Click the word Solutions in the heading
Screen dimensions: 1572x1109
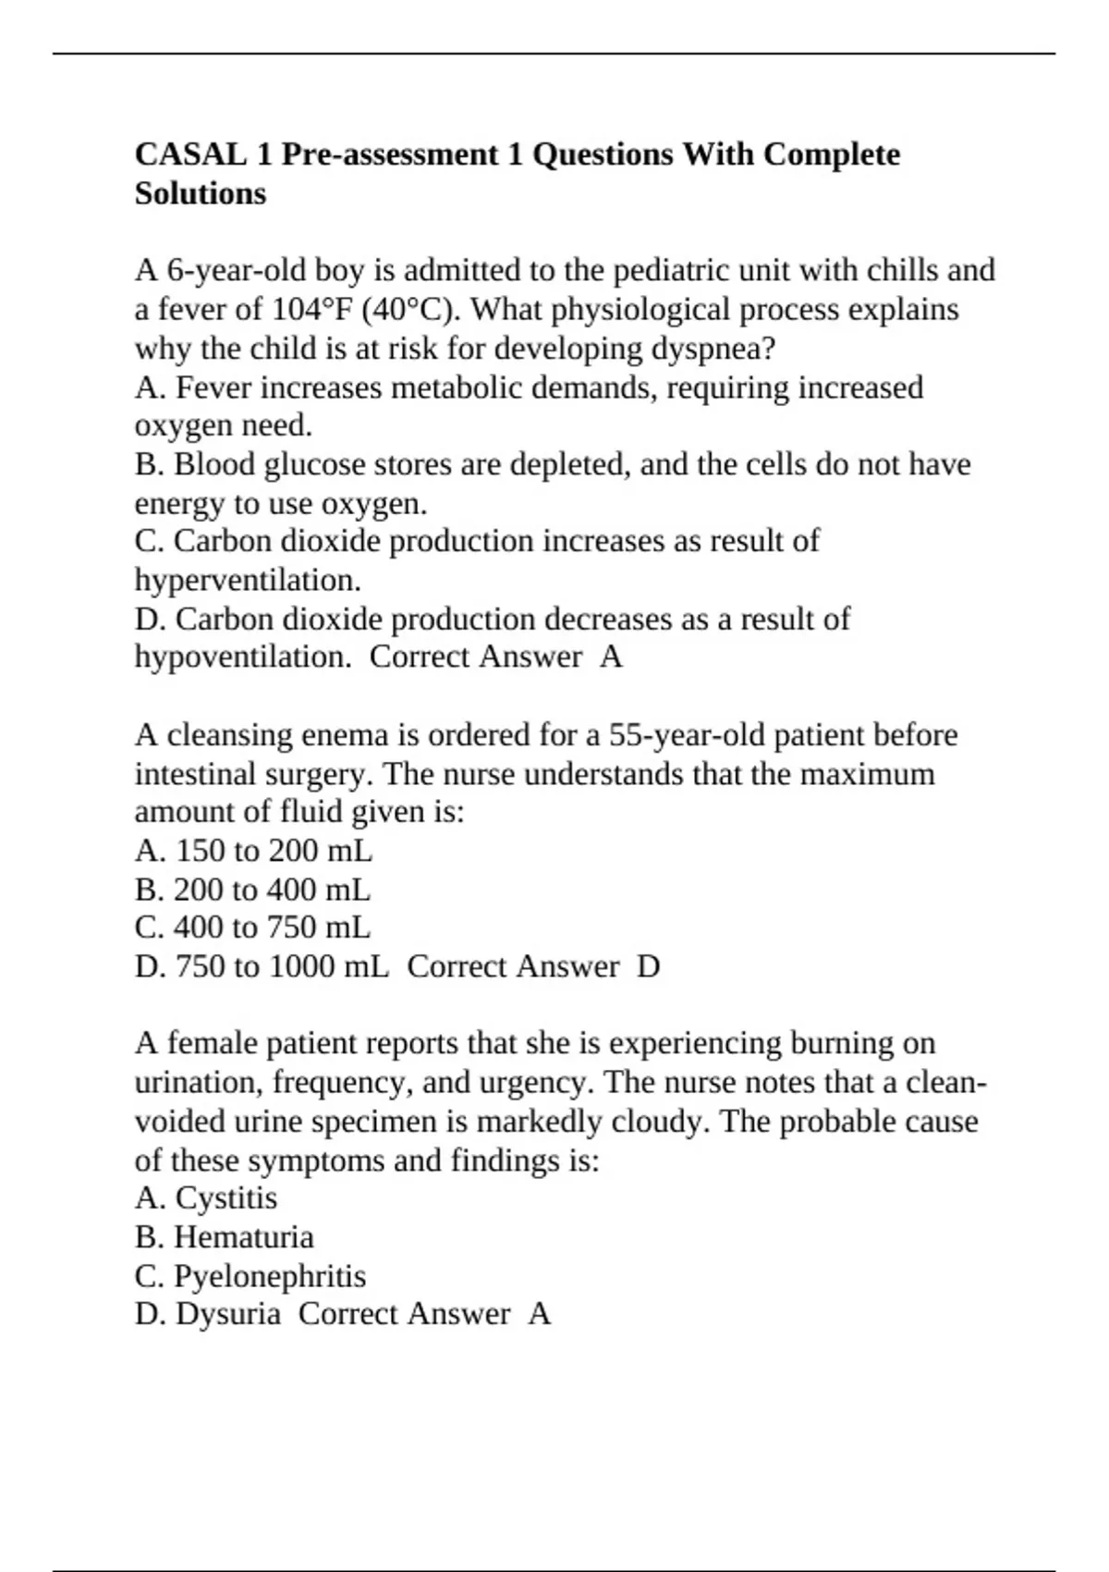200,193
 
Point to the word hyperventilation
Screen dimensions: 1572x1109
246,581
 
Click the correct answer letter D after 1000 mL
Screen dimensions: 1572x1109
649,966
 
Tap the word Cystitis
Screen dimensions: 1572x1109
225,1198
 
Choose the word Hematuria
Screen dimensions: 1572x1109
244,1237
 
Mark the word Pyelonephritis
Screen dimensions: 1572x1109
270,1276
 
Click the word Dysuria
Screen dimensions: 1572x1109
227,1314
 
